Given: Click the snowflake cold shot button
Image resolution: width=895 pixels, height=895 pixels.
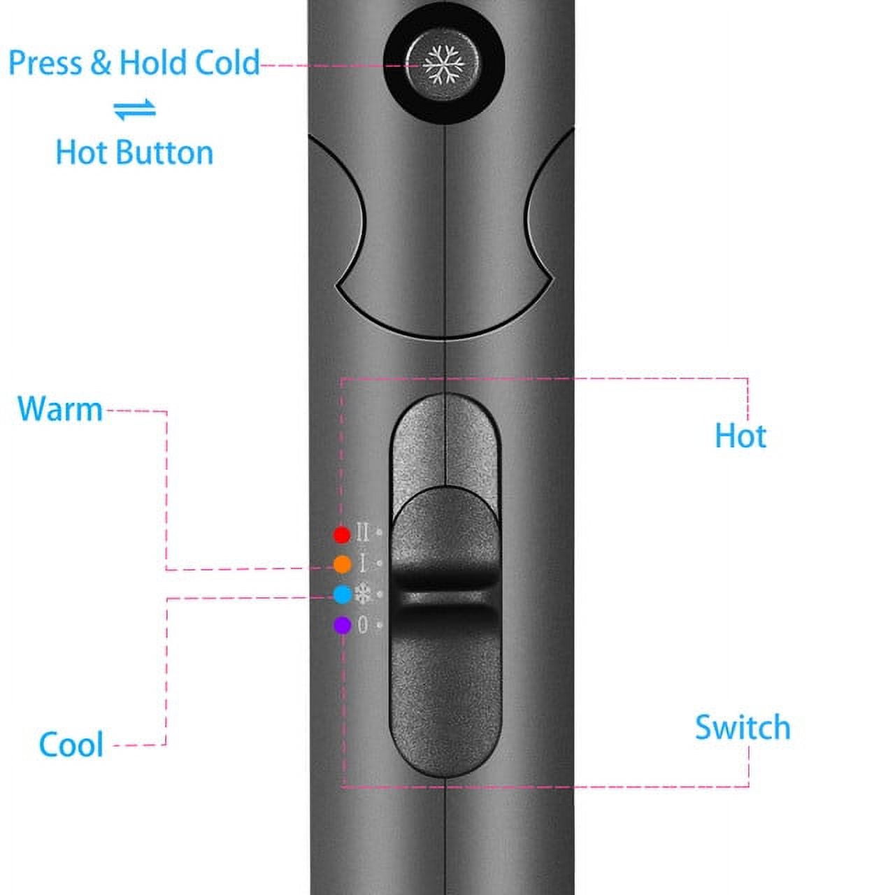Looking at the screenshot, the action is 443,64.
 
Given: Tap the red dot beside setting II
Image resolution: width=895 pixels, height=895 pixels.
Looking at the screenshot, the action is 342,535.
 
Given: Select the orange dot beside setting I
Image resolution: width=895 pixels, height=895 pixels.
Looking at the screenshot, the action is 343,564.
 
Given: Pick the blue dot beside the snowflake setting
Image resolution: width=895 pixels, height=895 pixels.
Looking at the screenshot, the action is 343,594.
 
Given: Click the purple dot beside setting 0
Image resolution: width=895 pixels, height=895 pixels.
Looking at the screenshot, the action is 343,624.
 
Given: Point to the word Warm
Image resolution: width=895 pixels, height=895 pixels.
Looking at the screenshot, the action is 60,409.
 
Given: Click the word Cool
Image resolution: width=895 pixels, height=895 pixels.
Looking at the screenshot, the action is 71,744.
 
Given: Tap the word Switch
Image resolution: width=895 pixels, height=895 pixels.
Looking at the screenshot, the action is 743,727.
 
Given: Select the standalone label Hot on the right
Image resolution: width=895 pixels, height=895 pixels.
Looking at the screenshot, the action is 740,436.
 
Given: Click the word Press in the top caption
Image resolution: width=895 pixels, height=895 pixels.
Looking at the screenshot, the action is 45,63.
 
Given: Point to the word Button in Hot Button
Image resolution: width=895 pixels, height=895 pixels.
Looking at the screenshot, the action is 164,152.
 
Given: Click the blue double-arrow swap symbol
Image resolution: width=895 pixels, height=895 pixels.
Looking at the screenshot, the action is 135,109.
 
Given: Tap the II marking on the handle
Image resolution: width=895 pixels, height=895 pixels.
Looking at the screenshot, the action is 363,533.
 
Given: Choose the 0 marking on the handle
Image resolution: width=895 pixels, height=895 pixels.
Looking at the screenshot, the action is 363,624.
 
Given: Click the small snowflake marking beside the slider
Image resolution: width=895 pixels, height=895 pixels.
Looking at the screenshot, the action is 363,594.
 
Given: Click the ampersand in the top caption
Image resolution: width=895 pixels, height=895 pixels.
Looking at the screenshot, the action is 101,63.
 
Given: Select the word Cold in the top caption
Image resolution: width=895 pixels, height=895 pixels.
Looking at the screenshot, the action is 227,63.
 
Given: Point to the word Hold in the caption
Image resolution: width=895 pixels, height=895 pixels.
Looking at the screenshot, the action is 153,63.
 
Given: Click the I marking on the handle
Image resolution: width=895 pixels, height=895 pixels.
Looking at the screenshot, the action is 363,564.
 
